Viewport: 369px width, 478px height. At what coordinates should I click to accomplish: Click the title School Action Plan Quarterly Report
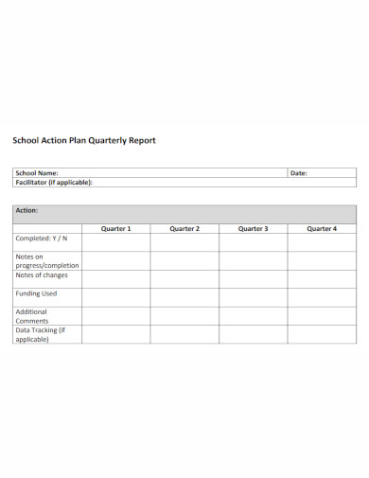point(83,140)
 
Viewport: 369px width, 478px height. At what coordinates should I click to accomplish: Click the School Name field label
point(37,173)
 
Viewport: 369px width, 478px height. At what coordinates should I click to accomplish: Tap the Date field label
point(299,173)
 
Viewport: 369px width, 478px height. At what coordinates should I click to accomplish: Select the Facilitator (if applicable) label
point(53,182)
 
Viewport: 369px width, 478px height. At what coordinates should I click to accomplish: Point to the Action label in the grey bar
point(26,210)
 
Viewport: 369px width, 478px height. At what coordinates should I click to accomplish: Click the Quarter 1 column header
point(115,228)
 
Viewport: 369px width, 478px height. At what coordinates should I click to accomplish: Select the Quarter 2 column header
point(184,228)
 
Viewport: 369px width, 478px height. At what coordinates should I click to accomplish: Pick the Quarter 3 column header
point(253,228)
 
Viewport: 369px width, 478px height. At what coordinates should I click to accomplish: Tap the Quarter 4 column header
point(322,228)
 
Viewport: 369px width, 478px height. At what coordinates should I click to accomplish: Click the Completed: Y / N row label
point(42,239)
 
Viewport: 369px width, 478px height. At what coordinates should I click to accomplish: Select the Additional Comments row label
point(32,315)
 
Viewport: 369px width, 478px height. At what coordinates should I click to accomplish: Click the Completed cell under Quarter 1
point(115,241)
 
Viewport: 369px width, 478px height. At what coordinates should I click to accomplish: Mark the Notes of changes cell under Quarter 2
point(184,279)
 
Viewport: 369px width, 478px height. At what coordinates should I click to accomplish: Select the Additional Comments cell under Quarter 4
point(322,316)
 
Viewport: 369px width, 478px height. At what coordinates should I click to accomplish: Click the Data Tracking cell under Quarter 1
point(115,334)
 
